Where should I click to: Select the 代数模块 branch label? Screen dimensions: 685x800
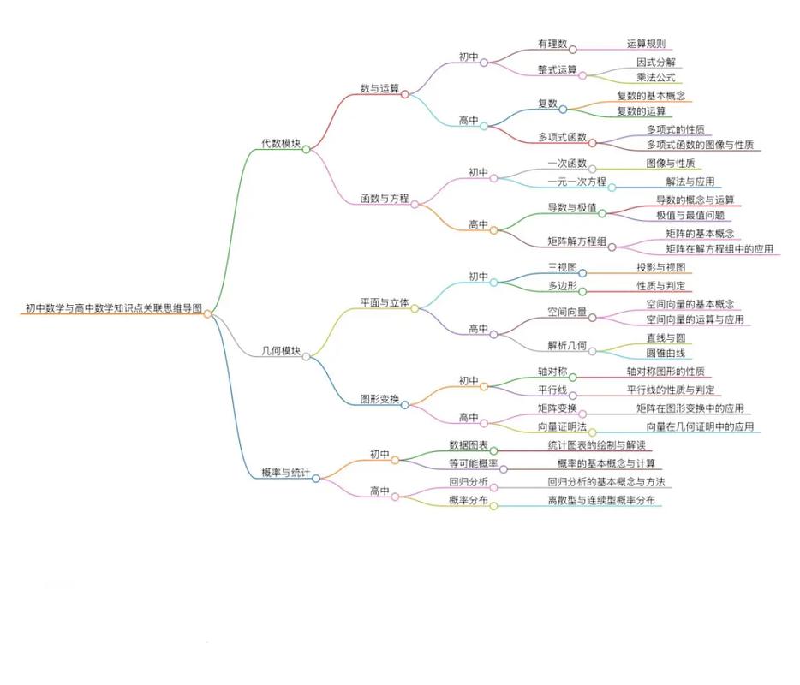[280, 144]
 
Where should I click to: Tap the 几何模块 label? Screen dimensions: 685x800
[280, 350]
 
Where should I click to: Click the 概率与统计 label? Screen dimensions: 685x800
[285, 473]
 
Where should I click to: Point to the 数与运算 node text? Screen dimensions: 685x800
[379, 88]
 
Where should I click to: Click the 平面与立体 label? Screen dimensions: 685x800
[384, 302]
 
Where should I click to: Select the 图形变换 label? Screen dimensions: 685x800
[379, 398]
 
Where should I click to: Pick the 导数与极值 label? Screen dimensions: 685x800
[571, 207]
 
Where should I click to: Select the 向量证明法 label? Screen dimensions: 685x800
[562, 426]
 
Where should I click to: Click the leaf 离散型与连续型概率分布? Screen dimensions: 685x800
[600, 500]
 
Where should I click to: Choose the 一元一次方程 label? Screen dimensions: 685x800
[576, 182]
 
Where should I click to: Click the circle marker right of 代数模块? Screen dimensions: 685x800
[306, 149]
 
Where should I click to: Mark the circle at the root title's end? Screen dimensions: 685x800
[207, 313]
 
